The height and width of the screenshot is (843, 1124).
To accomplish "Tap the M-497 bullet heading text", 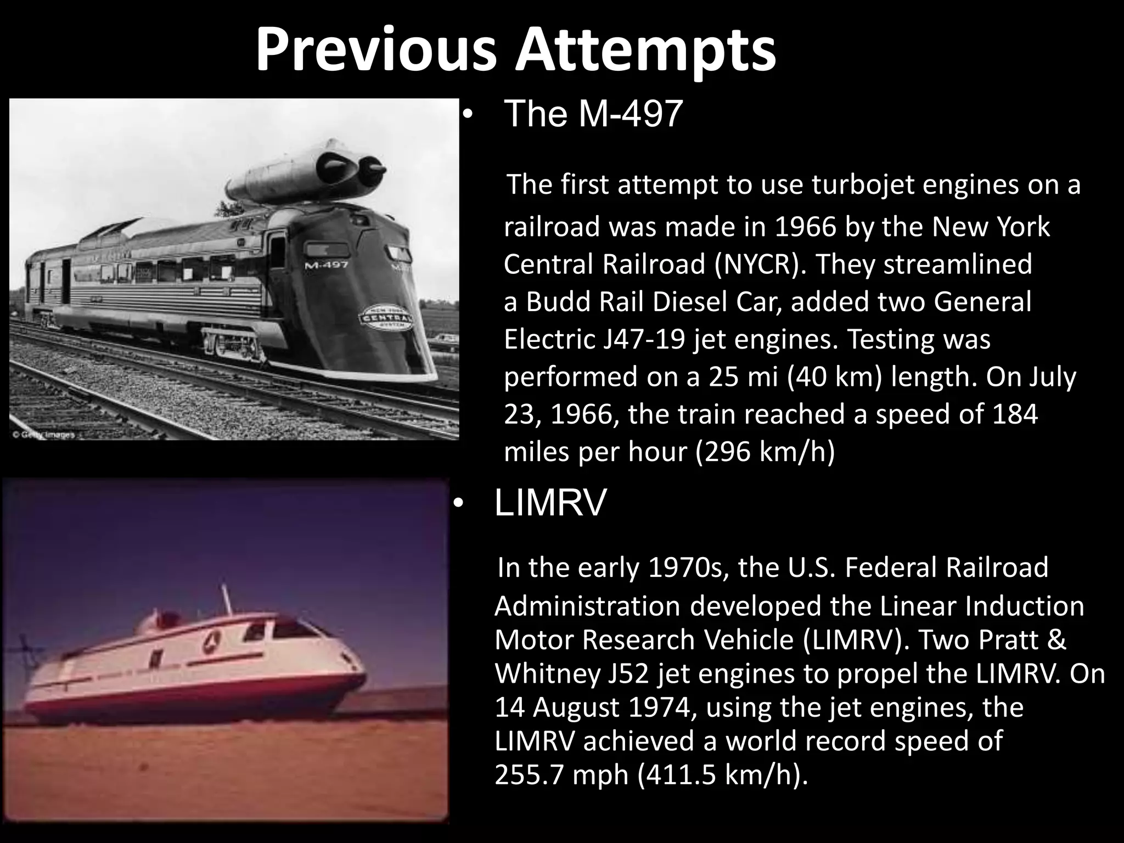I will click(593, 114).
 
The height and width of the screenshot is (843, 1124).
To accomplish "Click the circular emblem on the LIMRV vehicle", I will click(210, 642).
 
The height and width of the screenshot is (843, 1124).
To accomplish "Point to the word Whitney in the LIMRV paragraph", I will click(548, 674).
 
